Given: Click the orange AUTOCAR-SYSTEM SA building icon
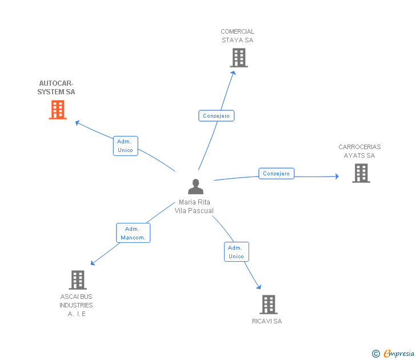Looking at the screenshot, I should pos(58,110).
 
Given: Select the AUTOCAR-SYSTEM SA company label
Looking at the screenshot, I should pos(56,87).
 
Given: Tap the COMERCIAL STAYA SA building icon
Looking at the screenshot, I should pos(239,58).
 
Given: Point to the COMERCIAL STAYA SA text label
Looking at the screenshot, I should pos(237,36).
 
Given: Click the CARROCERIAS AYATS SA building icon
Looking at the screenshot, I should pos(361,173).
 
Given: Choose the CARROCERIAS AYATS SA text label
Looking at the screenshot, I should pos(359,151).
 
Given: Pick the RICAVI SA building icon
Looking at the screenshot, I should pos(269,305).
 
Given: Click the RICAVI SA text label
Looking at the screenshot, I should pos(267,321).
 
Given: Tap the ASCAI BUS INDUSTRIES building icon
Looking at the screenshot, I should pos(78,280).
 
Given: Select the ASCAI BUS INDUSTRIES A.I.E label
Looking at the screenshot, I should pos(76,305).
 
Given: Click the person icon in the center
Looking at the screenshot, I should pos(195,187).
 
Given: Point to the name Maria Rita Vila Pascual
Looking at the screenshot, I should pos(194,206).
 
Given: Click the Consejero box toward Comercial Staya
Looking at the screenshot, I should pos(216,116).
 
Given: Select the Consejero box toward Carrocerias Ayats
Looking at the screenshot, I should pos(277,173).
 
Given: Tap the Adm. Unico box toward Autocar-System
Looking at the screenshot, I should pos(125,146).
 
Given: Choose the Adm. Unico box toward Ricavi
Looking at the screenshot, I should pos(236,252).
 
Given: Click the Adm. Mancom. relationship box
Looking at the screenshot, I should pos(133,233).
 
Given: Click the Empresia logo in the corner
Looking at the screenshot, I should pos(399,354).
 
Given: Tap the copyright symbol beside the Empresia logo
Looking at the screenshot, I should pos(376,354).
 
